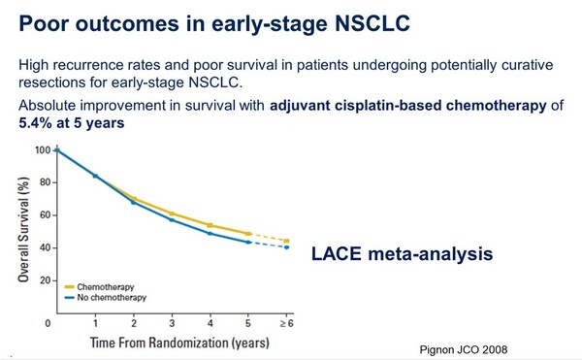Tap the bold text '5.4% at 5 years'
(x=72, y=125)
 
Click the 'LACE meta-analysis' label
(x=404, y=254)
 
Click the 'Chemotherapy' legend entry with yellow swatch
(x=107, y=287)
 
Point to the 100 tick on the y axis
(x=43, y=150)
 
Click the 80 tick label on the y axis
(x=45, y=182)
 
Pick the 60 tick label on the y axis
(x=45, y=215)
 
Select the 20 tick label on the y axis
(x=45, y=280)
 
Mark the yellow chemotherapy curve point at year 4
(x=210, y=225)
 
